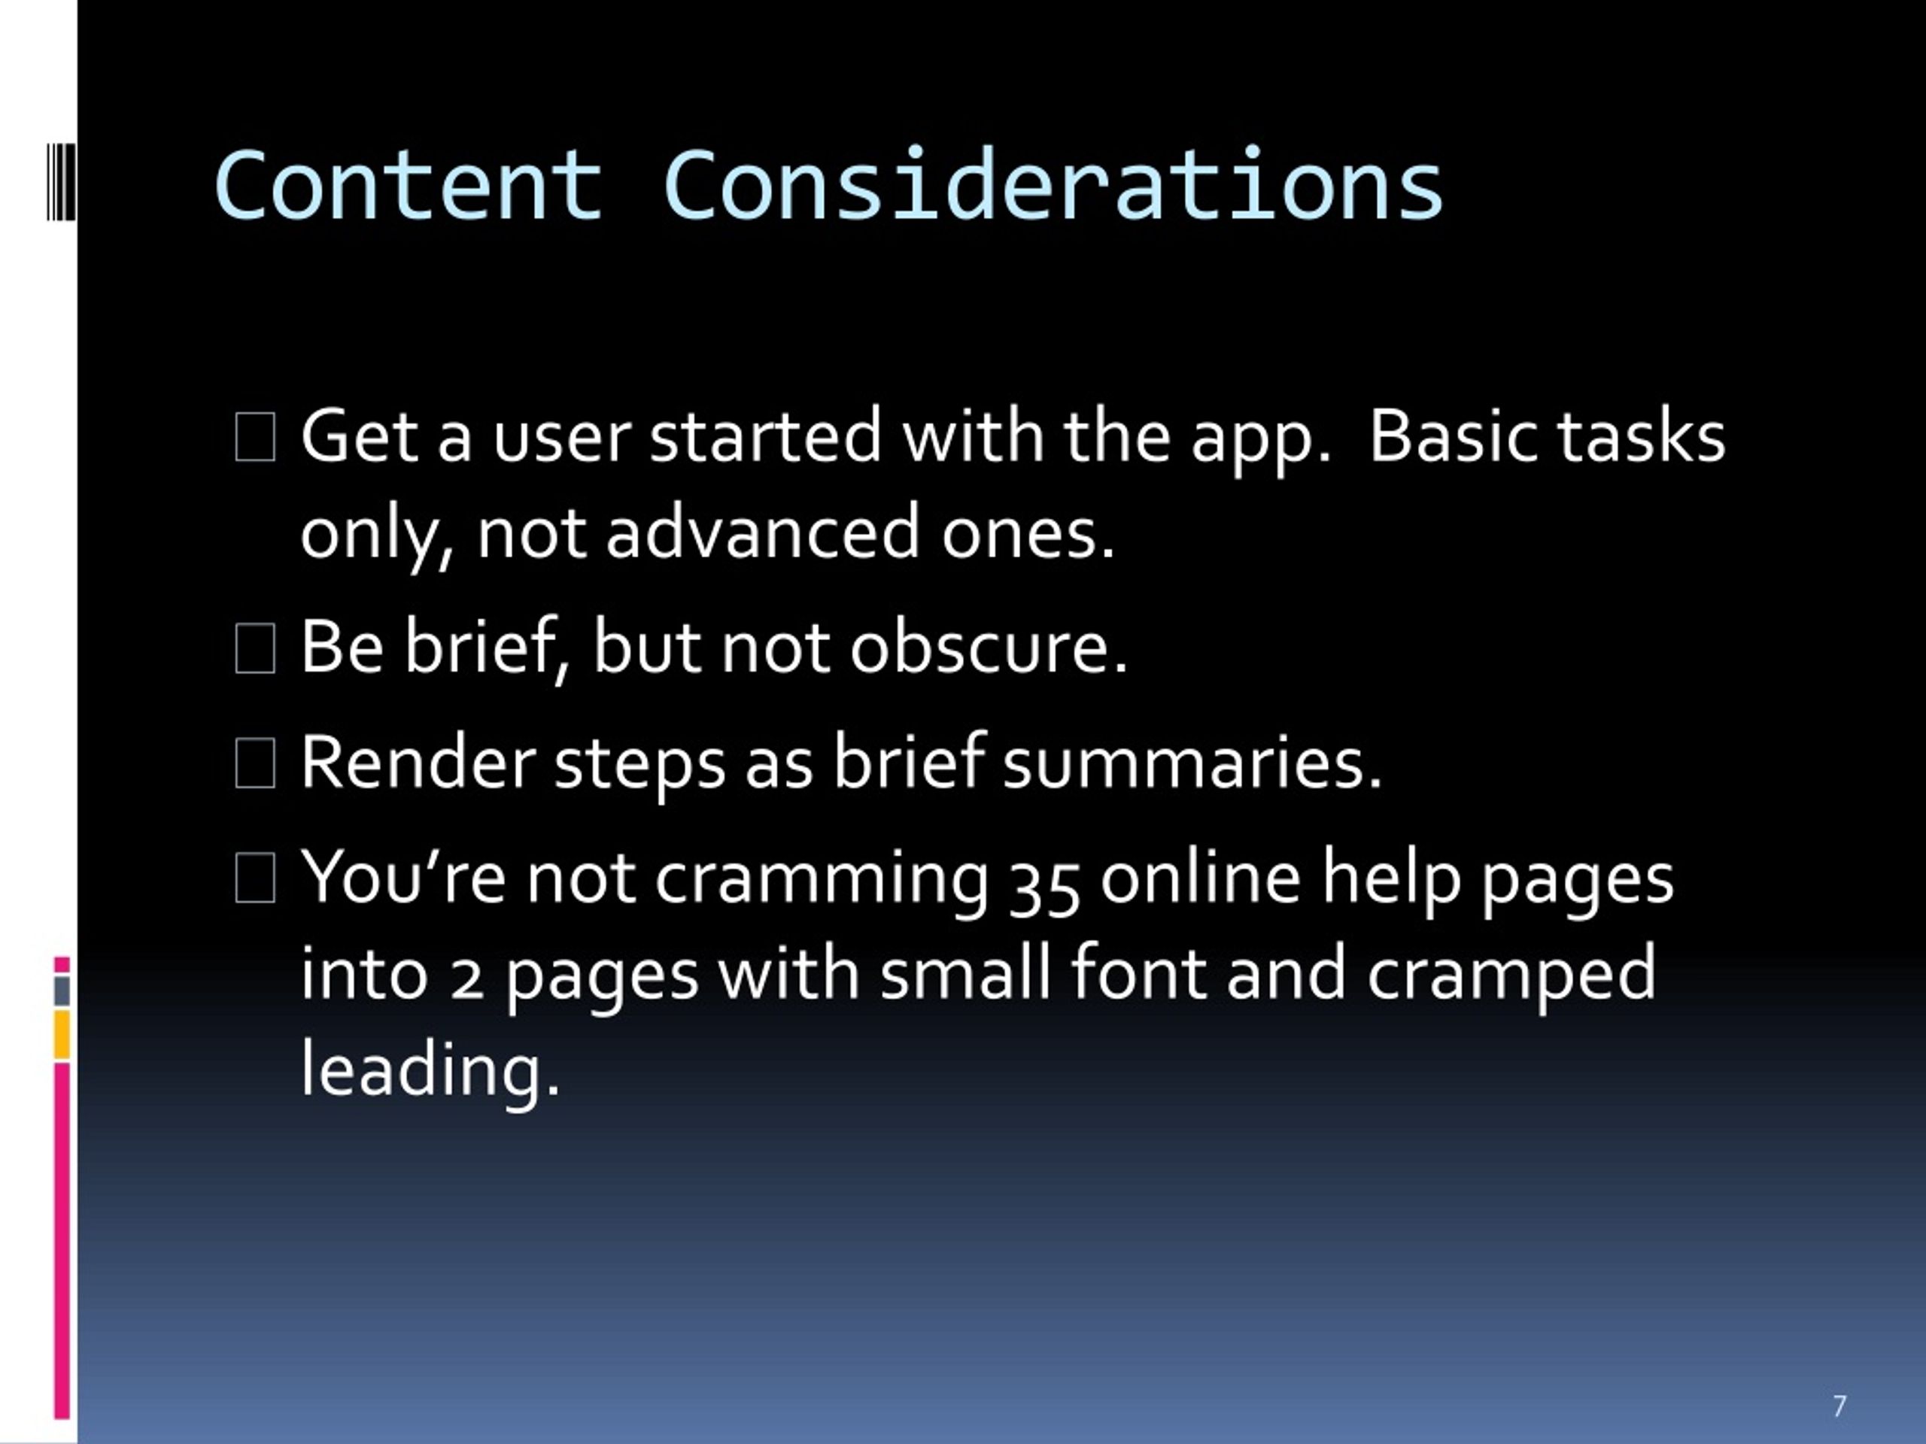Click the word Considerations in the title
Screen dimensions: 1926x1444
coord(1053,183)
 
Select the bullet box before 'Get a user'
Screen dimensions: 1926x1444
coord(255,437)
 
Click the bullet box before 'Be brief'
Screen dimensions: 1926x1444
coord(255,648)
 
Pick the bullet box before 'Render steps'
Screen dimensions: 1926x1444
coord(255,763)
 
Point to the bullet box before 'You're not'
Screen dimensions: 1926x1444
coord(255,878)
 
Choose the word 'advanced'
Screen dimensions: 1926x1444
coord(762,532)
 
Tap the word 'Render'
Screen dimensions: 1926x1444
coord(418,763)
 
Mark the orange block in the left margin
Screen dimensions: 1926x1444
coord(62,1035)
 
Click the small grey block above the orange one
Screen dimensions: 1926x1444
coord(62,990)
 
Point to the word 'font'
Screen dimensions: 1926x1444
coord(1139,972)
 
